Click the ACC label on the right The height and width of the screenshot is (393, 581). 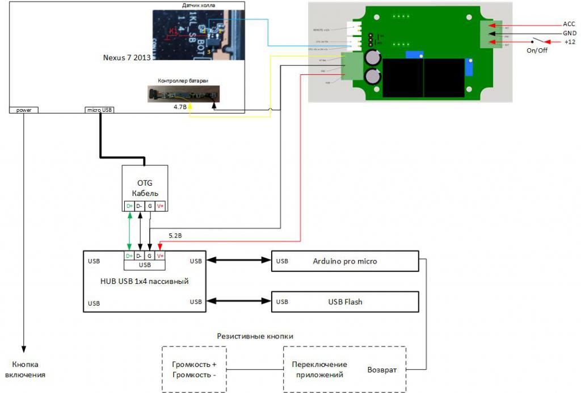[x=569, y=24]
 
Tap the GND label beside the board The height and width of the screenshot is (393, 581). [x=569, y=34]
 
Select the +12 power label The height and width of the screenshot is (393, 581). [x=569, y=43]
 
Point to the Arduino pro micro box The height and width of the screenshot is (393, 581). [x=345, y=261]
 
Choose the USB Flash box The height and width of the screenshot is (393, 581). [x=345, y=302]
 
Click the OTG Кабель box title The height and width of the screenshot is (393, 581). [x=145, y=188]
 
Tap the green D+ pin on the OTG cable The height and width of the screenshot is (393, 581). [x=129, y=206]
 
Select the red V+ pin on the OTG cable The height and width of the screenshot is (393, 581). [x=160, y=206]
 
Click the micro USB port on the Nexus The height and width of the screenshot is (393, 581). [x=99, y=110]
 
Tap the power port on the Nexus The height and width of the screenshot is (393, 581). [x=24, y=110]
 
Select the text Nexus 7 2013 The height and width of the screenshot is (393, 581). [x=125, y=57]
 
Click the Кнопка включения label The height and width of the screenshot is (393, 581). [x=25, y=369]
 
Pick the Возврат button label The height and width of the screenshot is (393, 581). [x=382, y=370]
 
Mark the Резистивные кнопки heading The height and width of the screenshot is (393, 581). [x=255, y=336]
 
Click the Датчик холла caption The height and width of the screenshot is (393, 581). [x=198, y=5]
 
